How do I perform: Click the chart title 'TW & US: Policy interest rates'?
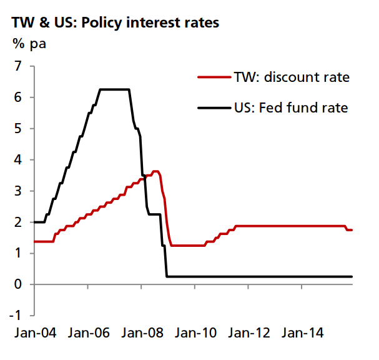(115, 23)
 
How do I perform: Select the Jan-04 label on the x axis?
(34, 332)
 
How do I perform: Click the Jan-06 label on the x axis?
(89, 332)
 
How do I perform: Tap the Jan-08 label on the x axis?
(144, 332)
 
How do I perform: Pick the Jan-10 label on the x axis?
(197, 332)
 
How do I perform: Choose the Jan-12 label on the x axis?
(251, 332)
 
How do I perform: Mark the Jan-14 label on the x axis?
(305, 332)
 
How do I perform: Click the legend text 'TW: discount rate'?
(292, 77)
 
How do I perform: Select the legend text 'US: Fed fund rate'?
(291, 108)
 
